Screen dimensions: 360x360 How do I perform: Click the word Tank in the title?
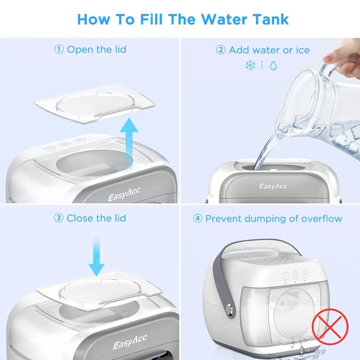[263, 19]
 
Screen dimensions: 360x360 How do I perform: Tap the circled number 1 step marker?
[59, 49]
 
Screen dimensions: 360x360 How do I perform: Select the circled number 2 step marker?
[221, 50]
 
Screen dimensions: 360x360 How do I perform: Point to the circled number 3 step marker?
[59, 218]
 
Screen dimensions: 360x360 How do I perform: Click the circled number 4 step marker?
[198, 219]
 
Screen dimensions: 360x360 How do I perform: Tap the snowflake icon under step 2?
[250, 65]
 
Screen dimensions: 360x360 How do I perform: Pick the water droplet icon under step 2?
[273, 66]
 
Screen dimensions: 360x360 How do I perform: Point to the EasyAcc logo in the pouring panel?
[273, 186]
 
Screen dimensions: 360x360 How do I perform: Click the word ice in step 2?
[302, 50]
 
